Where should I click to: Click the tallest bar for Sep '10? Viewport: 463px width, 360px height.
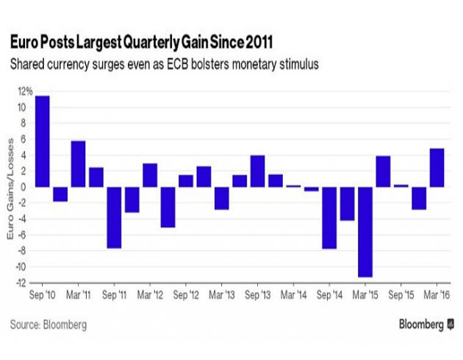[43, 141]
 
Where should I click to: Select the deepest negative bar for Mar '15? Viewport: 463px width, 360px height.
[365, 231]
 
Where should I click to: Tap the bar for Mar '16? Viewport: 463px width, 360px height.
[437, 168]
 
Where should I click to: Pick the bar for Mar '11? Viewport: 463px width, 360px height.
[79, 163]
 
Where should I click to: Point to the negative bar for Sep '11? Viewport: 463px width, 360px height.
[115, 217]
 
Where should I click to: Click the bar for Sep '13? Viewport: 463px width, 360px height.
[257, 170]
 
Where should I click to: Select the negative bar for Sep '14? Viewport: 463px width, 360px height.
[329, 217]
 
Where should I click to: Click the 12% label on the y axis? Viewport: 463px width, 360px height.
[25, 92]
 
